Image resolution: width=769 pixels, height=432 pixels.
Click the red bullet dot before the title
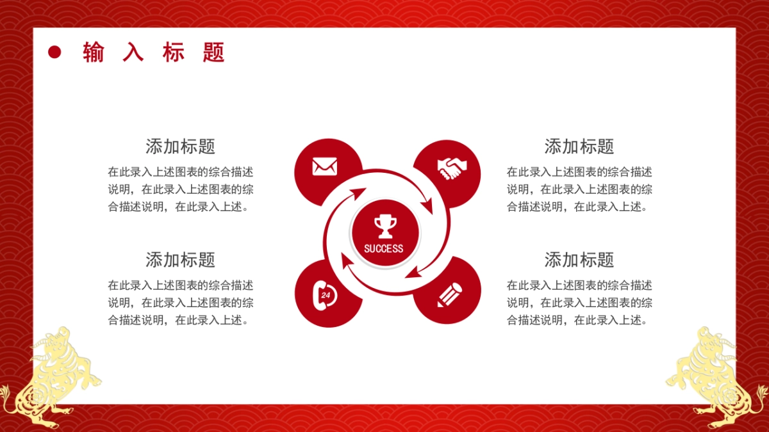click(54, 52)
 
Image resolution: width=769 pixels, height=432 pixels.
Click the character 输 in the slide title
click(94, 52)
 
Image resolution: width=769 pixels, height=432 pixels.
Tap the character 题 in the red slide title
click(213, 52)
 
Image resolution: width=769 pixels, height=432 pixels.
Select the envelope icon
click(325, 166)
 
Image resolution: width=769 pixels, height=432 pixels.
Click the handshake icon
click(452, 168)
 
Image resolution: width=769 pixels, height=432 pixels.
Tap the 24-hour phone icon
click(325, 296)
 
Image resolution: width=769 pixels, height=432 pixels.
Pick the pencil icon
click(450, 295)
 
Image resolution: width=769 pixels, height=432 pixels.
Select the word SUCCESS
click(383, 248)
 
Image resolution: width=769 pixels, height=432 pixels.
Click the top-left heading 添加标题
click(181, 147)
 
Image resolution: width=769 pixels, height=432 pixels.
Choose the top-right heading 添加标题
click(579, 147)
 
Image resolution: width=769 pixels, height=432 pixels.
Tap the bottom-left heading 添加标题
click(181, 260)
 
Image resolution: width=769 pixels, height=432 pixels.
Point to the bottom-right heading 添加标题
click(579, 260)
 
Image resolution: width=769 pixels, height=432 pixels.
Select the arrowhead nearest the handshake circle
click(428, 205)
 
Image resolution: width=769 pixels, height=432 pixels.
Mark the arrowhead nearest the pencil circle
click(414, 272)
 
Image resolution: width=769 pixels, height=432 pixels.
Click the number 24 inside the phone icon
click(326, 295)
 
